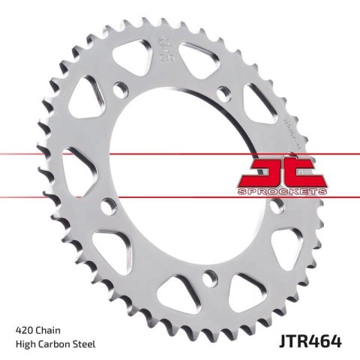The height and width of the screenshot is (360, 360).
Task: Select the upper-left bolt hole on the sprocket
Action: [x=120, y=94]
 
